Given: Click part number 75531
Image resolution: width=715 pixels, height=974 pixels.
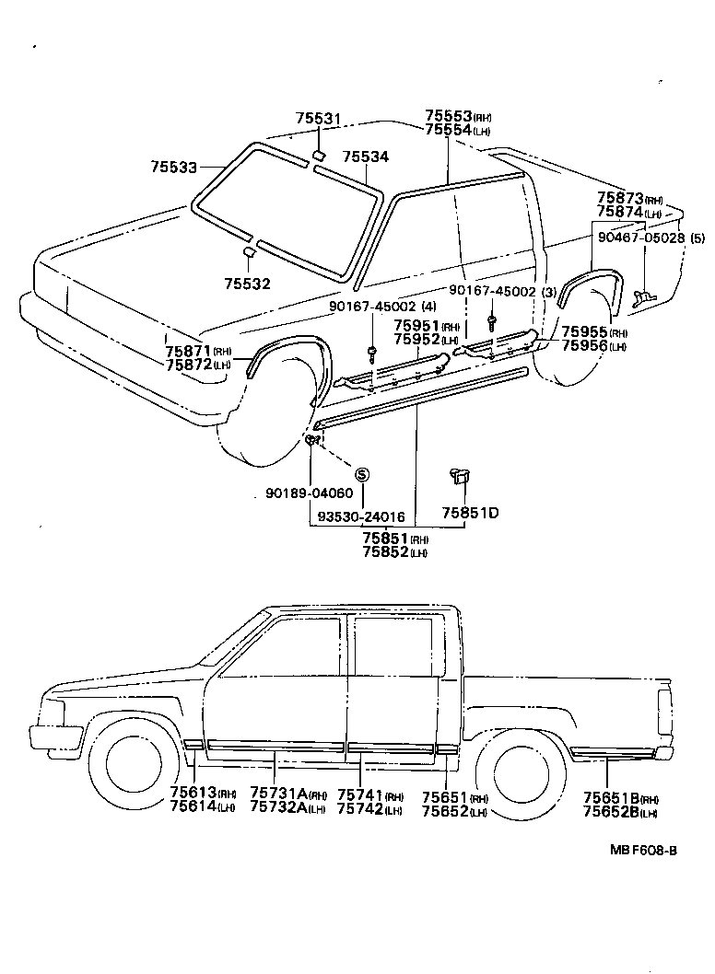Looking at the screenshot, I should coord(318,119).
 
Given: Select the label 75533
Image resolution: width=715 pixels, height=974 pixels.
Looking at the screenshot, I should coord(174,167).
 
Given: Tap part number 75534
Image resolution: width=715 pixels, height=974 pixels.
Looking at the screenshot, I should coord(366,157).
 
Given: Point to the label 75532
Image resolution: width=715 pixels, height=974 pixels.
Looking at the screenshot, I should coord(248,284).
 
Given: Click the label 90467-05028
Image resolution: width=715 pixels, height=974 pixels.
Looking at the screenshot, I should coord(650,237).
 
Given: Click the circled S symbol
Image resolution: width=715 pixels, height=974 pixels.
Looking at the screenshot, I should coord(362,473).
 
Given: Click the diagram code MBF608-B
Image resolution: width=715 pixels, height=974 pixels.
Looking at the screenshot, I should coord(641,875).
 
